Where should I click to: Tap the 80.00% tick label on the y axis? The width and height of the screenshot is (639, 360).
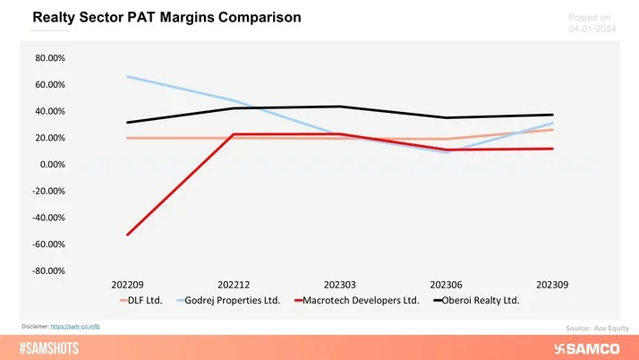(50, 58)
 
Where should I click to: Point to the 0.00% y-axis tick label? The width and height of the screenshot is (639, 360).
(52, 165)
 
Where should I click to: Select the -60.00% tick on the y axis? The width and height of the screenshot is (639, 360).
(48, 244)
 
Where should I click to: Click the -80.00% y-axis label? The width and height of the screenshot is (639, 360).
(48, 271)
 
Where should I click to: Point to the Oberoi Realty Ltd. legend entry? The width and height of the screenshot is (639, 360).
(475, 300)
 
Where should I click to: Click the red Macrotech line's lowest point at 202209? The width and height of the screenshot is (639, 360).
(127, 235)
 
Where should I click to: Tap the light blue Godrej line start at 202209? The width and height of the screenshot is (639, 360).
(127, 76)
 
